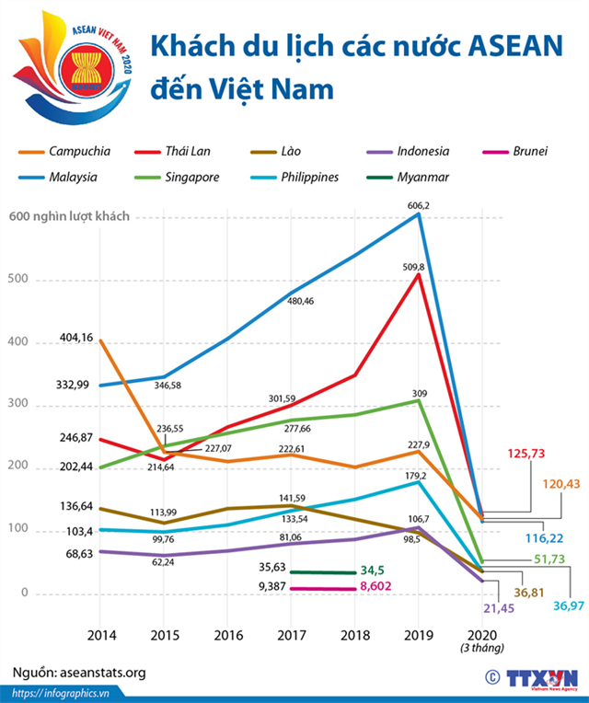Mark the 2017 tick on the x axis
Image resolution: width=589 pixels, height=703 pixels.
[x=293, y=636]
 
